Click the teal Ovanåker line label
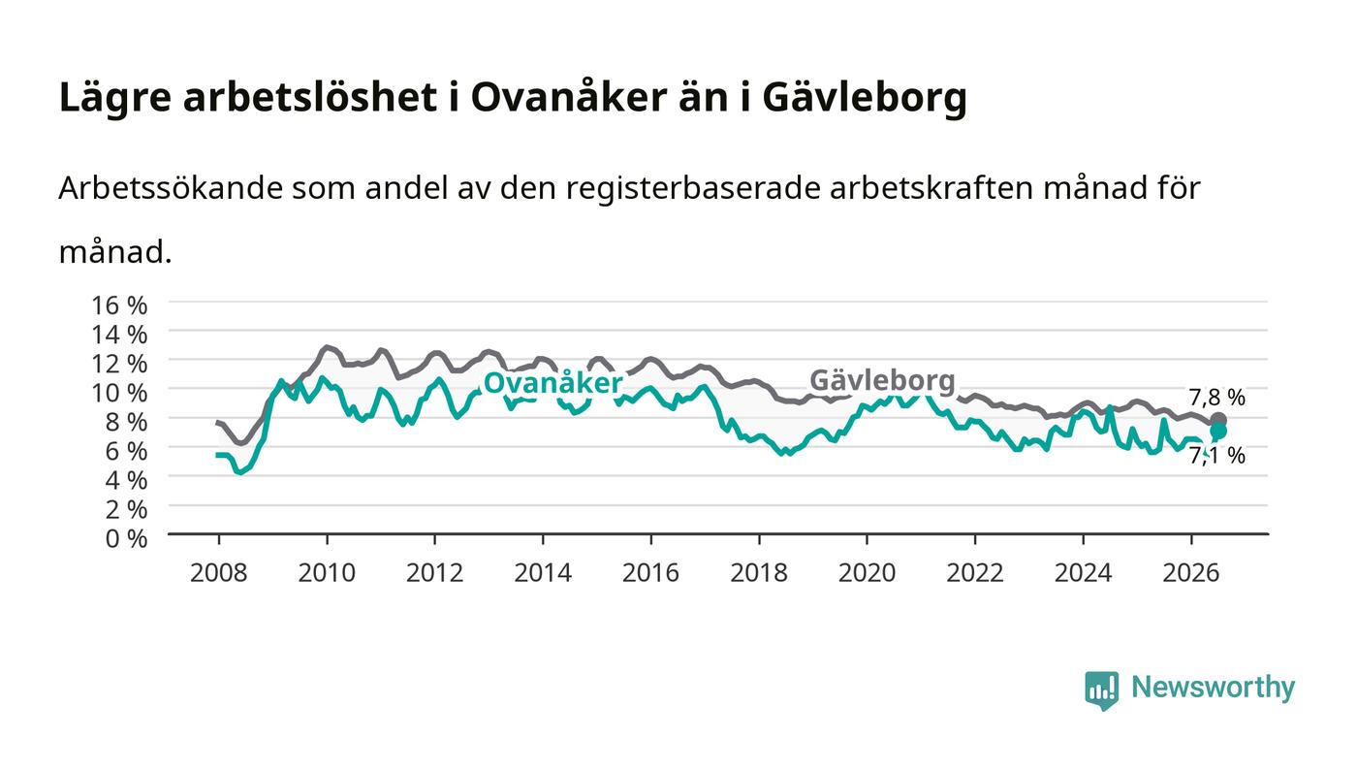click(x=553, y=383)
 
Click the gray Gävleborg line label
click(x=882, y=381)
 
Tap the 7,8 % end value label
click(x=1216, y=398)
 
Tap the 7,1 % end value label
click(x=1216, y=456)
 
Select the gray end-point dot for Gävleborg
click(x=1218, y=420)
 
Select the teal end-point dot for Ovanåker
click(x=1218, y=432)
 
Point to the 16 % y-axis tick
click(x=118, y=305)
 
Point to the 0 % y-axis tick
click(x=126, y=538)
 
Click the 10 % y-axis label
click(x=118, y=393)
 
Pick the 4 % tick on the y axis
click(x=126, y=480)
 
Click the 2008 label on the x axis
click(x=219, y=573)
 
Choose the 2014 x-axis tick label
click(x=543, y=573)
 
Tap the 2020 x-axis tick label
click(x=867, y=573)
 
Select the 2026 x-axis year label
click(x=1191, y=573)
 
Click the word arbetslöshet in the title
click(x=309, y=97)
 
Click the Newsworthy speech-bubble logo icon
click(x=1102, y=690)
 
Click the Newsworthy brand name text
click(x=1213, y=688)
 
